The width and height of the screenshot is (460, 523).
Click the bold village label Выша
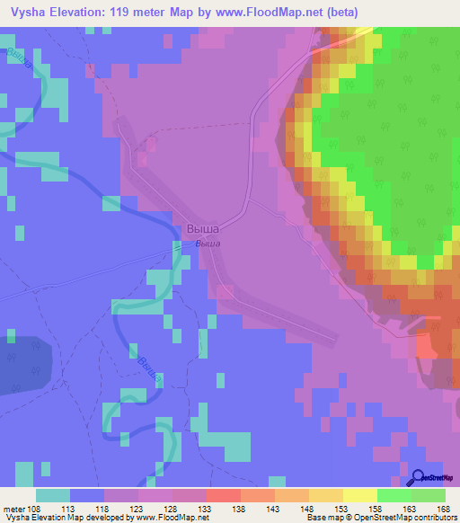203,229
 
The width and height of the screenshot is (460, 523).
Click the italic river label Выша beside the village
208,243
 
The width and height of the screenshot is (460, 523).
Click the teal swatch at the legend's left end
53,495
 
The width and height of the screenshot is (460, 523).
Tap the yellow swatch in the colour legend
359,495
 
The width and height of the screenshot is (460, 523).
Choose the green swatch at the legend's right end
428,495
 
